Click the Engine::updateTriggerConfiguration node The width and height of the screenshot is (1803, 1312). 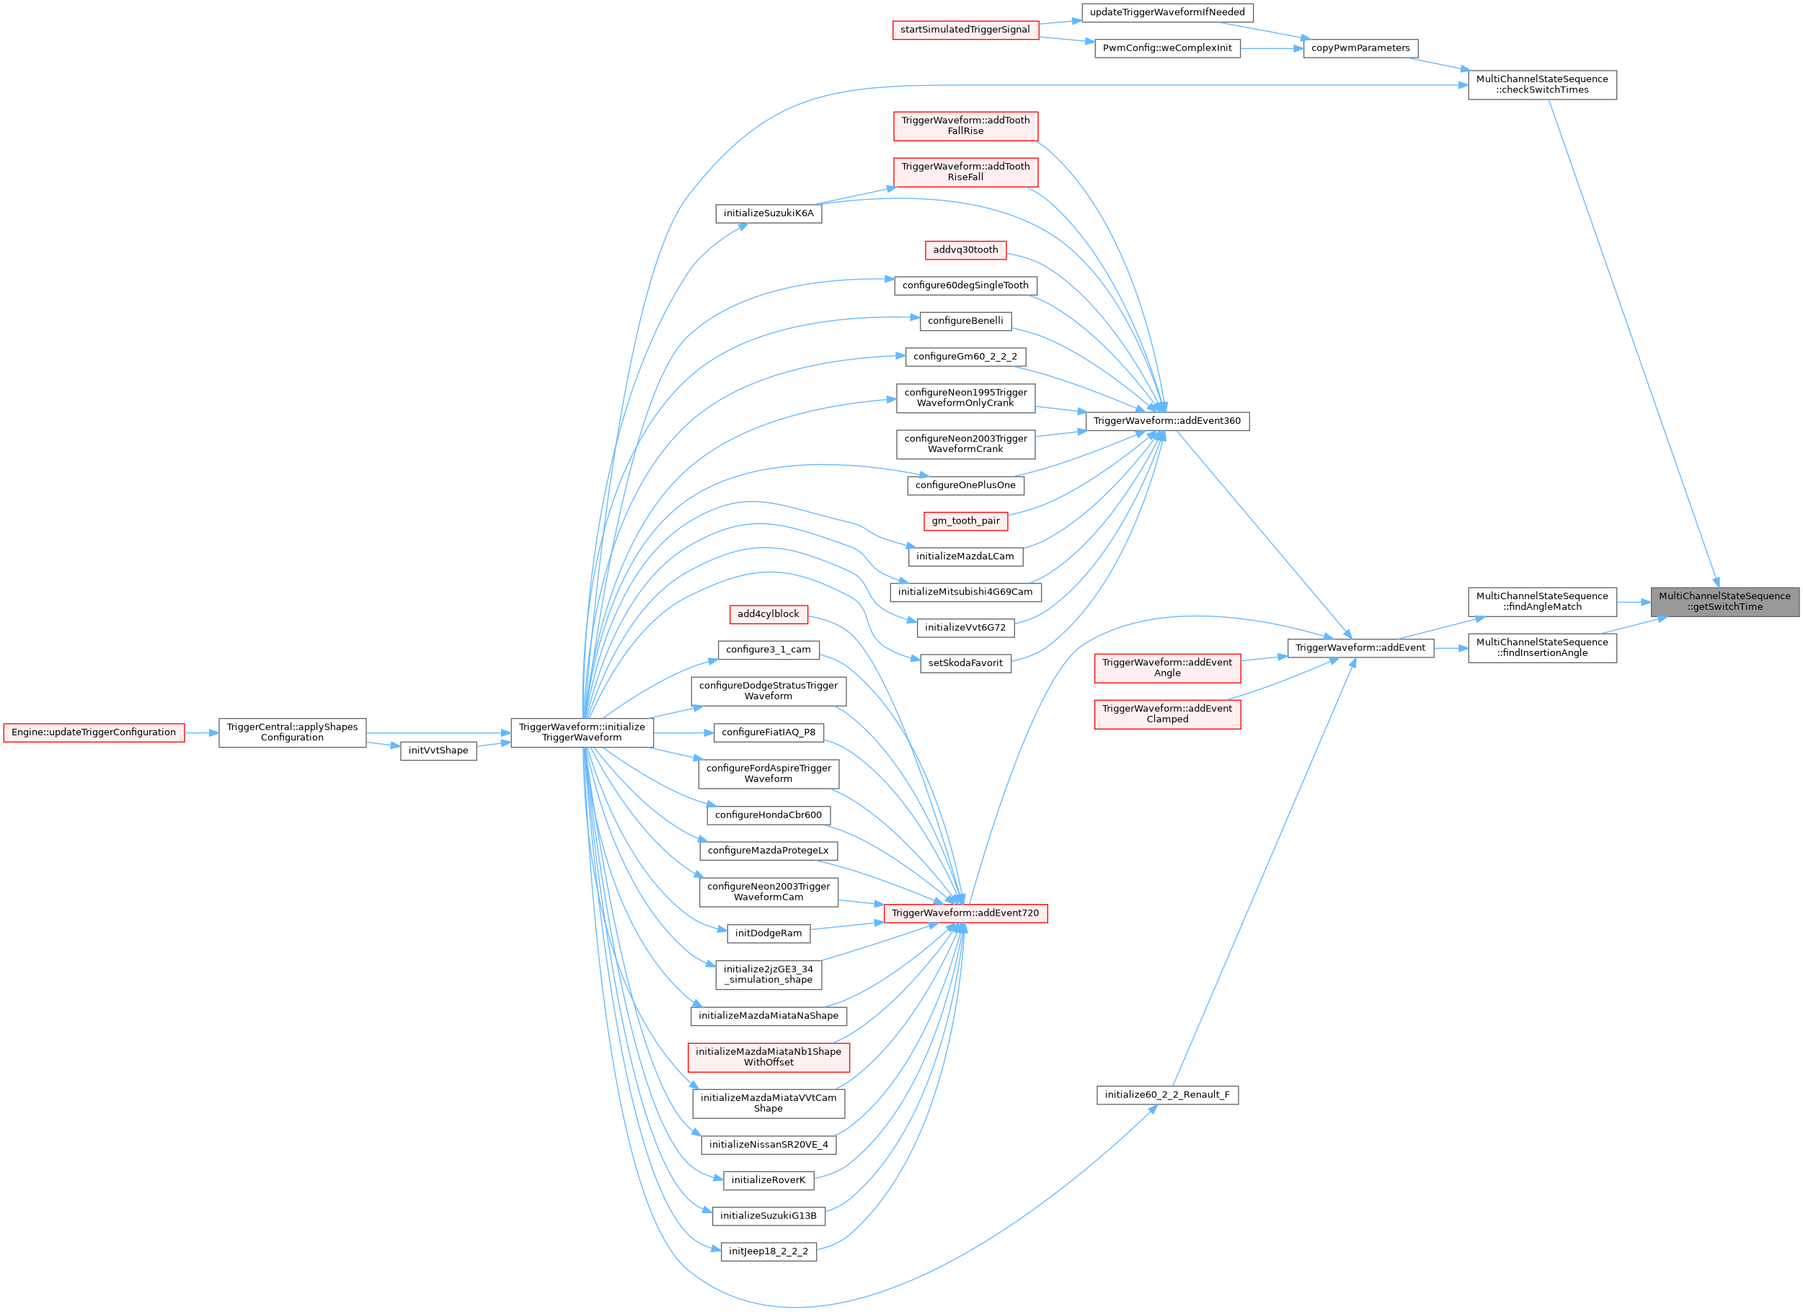94,732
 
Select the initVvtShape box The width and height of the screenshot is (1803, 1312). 438,750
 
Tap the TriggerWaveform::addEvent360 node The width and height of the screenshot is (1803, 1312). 1166,421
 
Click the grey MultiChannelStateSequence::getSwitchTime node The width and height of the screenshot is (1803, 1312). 1724,601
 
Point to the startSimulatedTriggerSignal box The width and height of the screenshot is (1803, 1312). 965,30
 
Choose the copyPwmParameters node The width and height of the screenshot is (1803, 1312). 1360,48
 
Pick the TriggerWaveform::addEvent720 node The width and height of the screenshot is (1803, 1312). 965,913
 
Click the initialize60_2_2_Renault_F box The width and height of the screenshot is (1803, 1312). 1166,1095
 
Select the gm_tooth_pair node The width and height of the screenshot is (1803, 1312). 965,520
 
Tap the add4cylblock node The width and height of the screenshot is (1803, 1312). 768,614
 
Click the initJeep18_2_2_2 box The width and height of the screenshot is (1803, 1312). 768,1251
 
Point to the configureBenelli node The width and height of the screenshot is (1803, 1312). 965,322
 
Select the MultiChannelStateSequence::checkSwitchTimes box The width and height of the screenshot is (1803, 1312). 1541,84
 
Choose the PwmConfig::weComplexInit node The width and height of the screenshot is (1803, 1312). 1166,48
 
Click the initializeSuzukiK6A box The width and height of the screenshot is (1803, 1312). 768,213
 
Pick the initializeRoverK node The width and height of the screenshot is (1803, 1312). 768,1180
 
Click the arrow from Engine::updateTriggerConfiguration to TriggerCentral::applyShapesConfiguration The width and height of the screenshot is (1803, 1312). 201,732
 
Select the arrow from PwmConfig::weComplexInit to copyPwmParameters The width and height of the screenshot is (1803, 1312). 1271,48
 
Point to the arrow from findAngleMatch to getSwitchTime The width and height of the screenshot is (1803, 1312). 1633,602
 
